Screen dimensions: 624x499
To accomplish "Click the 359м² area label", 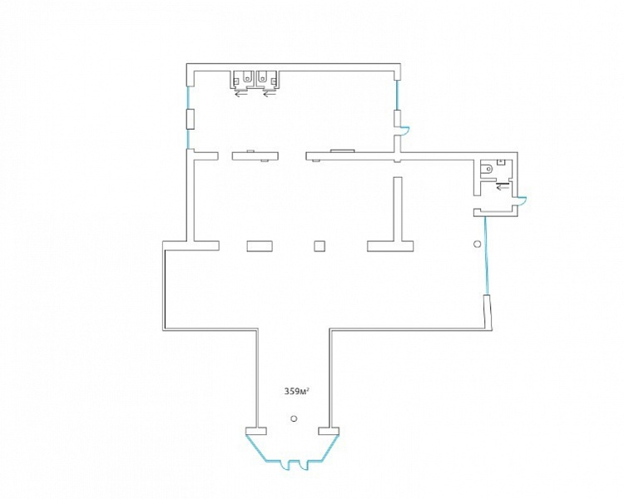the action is (297, 392).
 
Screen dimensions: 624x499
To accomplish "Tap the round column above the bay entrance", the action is (294, 418).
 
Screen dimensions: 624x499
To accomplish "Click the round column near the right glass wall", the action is (478, 244).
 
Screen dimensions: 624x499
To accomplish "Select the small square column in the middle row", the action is (319, 246).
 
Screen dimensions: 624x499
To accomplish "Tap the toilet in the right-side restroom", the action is (487, 169).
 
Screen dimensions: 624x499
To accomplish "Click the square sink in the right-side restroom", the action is (502, 162).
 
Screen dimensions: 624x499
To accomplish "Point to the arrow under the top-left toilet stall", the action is (240, 95).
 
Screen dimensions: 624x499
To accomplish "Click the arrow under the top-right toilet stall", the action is (270, 95).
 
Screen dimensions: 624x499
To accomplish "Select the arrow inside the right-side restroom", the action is (503, 187).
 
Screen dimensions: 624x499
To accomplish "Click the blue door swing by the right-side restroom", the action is (522, 201).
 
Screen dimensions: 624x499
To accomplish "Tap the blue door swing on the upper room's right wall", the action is (404, 131).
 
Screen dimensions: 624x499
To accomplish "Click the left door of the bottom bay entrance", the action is (285, 465).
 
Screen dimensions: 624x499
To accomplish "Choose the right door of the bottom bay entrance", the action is (304, 465).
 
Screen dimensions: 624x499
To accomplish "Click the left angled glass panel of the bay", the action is (256, 448).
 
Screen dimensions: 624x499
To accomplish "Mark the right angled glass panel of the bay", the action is (329, 448).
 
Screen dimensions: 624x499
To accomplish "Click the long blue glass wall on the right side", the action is (486, 256).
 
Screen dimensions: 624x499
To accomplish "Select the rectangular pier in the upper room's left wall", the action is (191, 119).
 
